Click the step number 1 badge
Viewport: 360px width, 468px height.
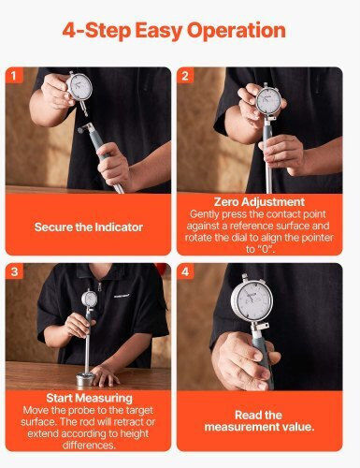coord(14,75)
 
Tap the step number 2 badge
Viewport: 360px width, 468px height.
coord(185,75)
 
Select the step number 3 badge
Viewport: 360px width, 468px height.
coord(14,271)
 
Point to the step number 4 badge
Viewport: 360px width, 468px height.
coord(185,271)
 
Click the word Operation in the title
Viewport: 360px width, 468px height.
coord(236,31)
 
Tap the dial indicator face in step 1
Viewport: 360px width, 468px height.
coord(79,87)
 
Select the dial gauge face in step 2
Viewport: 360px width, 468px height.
coord(268,100)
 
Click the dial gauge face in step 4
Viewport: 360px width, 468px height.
coord(252,300)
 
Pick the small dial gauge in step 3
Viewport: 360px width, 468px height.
coord(90,299)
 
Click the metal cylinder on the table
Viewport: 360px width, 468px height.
coord(85,379)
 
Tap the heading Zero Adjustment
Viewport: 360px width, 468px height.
coord(259,202)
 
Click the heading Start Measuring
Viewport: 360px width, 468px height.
coord(90,398)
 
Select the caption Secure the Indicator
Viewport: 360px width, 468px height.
coord(89,227)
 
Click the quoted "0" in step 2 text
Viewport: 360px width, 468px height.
coord(266,249)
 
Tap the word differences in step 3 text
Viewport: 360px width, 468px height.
coord(89,446)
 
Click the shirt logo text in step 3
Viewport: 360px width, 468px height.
coord(122,297)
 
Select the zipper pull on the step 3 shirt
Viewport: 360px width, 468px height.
coord(99,286)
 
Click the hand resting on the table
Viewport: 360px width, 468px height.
coord(105,376)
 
